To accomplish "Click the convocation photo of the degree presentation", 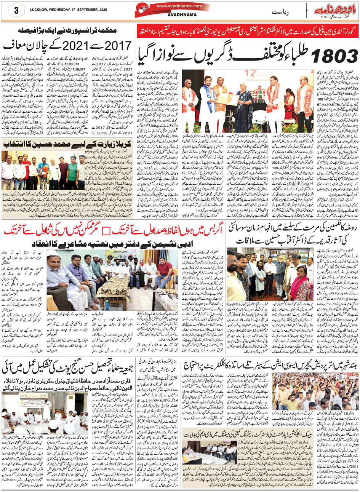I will tap(248, 101).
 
